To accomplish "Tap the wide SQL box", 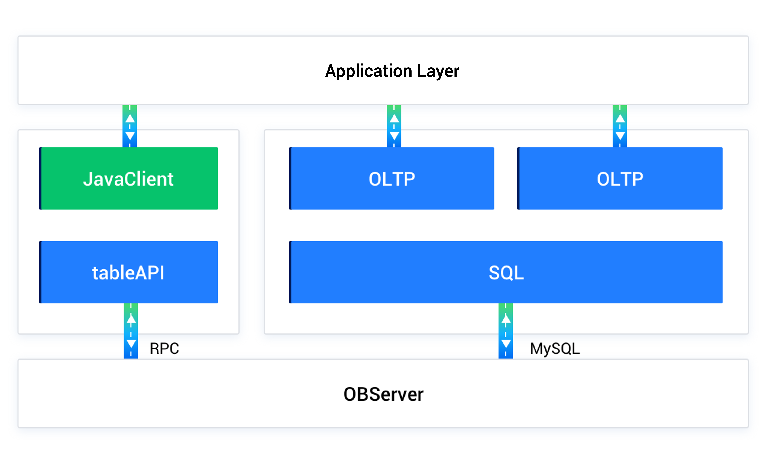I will [506, 272].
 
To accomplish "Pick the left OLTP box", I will [392, 178].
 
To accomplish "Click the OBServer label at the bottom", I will [383, 394].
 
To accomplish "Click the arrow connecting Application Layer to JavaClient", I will [130, 126].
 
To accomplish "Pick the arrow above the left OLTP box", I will [394, 126].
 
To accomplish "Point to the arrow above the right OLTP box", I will [620, 126].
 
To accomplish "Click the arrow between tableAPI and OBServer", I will [131, 331].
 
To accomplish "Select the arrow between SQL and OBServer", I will [506, 331].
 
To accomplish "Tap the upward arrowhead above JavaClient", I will [130, 118].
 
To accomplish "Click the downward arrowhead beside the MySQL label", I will [506, 344].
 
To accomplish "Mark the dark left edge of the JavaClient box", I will [40, 178].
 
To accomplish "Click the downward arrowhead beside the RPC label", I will [131, 344].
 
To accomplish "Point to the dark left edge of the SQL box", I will [290, 272].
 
